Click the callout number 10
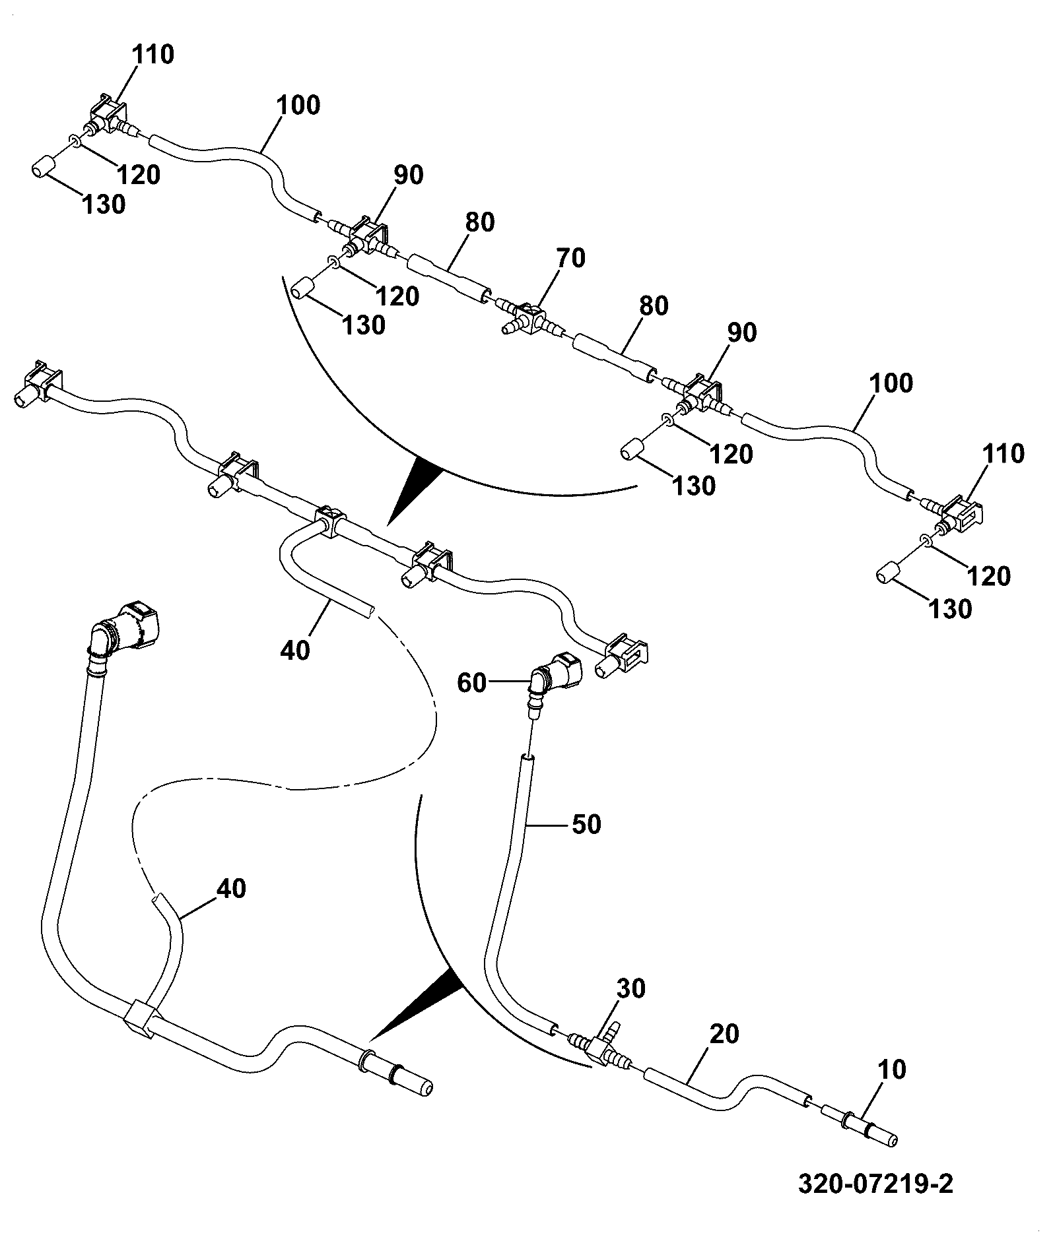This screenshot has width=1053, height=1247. point(893,1070)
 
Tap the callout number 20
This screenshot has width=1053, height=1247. point(724,1034)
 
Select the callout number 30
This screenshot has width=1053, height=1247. point(631,989)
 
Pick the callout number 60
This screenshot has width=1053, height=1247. point(472,684)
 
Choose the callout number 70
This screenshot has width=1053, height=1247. point(570,258)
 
